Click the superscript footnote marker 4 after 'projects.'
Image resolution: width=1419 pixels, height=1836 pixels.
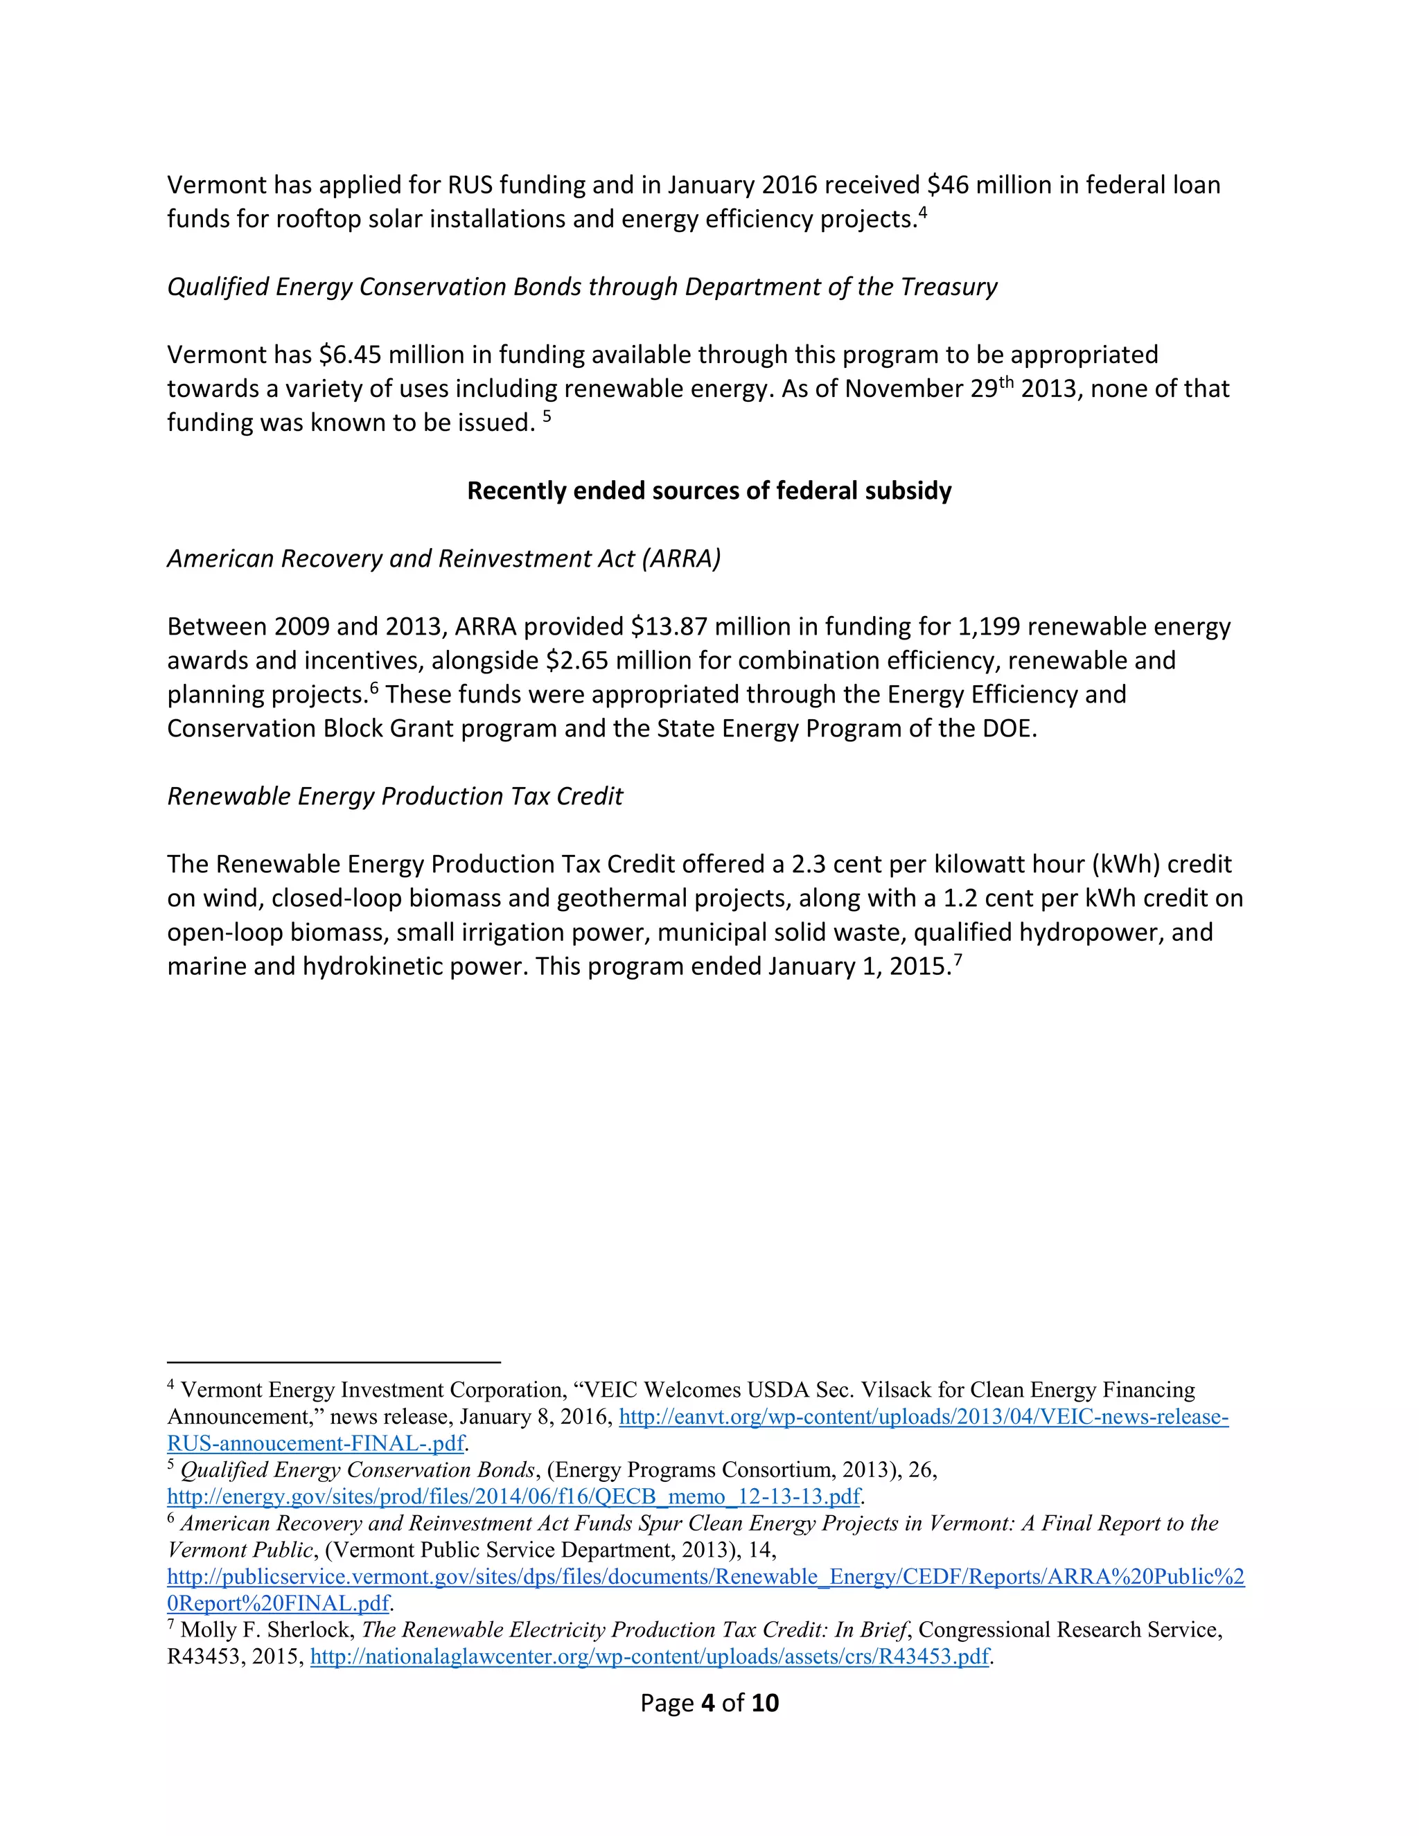pyautogui.click(x=922, y=213)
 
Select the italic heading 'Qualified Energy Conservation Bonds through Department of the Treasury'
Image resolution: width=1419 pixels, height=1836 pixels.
pyautogui.click(x=582, y=287)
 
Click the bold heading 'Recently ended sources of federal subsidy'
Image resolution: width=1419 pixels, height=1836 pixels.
pyautogui.click(x=709, y=491)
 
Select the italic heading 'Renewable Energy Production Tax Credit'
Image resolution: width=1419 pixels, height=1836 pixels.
pyautogui.click(x=395, y=796)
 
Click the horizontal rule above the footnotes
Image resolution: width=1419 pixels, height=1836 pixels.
pyautogui.click(x=334, y=1362)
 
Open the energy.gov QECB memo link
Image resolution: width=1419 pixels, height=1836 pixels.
pyautogui.click(x=513, y=1497)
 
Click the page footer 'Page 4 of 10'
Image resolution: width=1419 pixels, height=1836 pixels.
pyautogui.click(x=709, y=1702)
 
